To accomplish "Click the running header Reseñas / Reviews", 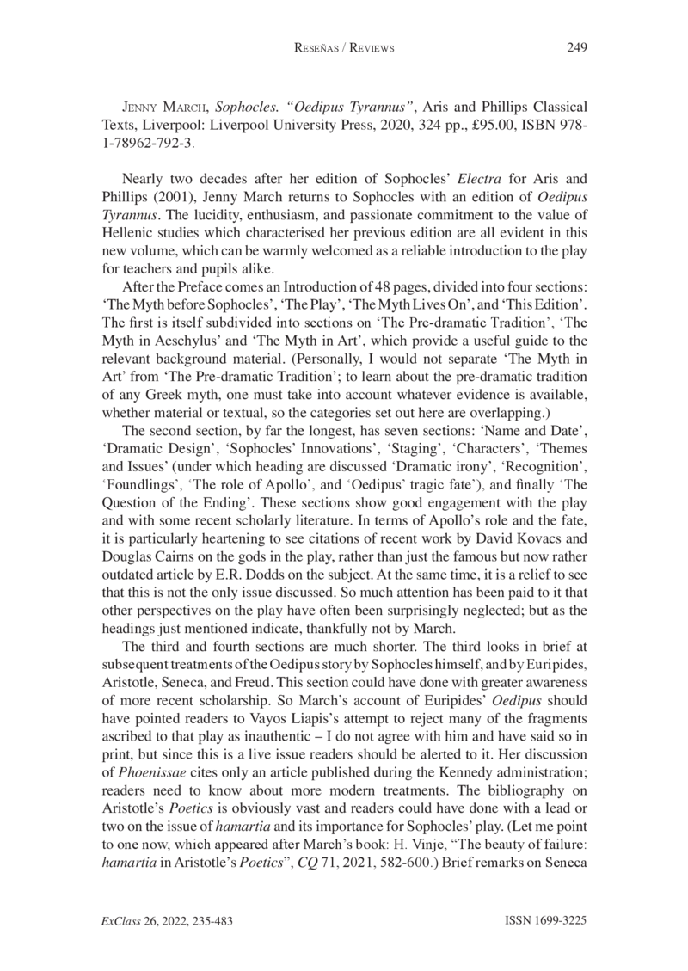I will tap(343, 49).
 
